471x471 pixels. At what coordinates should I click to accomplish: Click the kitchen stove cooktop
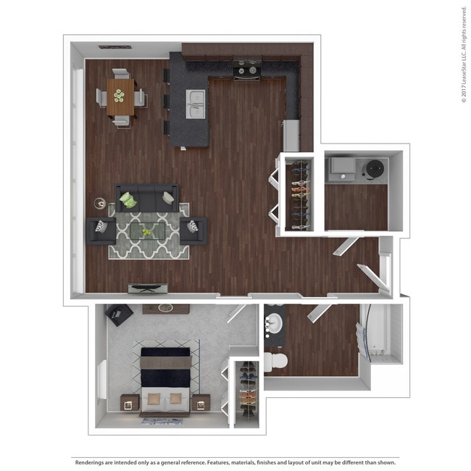[247, 70]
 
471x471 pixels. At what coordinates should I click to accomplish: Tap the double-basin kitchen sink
[195, 104]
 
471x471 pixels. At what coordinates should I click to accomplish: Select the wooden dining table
[120, 96]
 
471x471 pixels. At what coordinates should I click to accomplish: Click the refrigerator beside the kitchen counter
[291, 136]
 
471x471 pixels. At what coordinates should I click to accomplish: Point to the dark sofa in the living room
[147, 199]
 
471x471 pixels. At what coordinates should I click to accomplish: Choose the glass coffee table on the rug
[148, 231]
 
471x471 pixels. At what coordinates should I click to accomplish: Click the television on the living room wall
[148, 288]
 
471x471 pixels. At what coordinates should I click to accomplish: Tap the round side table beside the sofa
[100, 204]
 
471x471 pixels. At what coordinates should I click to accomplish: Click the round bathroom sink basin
[274, 323]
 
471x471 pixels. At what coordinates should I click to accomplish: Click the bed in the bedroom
[165, 381]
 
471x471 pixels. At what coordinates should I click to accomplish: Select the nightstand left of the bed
[130, 402]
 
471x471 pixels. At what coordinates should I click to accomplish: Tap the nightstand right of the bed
[201, 402]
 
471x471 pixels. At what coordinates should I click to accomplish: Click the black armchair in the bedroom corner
[119, 314]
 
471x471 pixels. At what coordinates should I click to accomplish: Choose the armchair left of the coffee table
[101, 230]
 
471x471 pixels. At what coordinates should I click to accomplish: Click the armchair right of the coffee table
[193, 230]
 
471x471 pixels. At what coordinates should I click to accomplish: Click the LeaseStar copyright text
[464, 54]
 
